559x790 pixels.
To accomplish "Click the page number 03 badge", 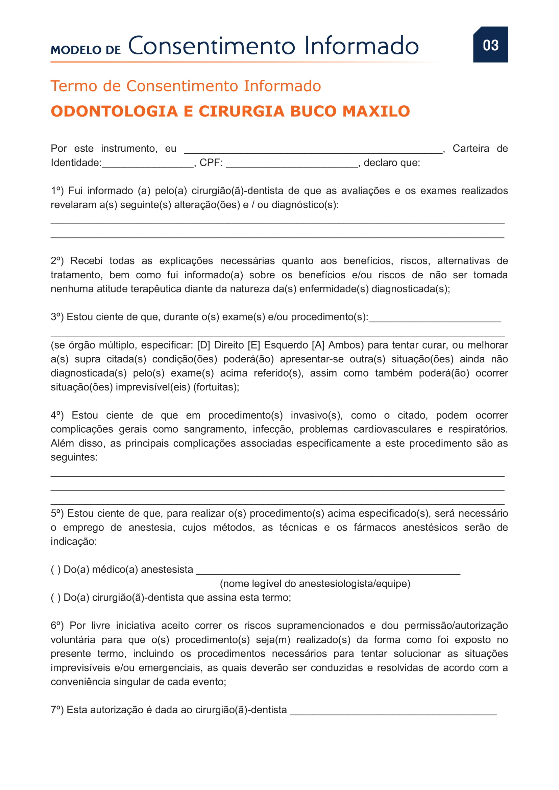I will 490,45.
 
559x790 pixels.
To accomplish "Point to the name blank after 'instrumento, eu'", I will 313,151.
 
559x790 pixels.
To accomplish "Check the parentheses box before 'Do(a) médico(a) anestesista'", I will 56,570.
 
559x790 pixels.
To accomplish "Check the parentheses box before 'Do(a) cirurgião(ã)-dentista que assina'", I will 56,598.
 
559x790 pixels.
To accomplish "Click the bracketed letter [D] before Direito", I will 203,345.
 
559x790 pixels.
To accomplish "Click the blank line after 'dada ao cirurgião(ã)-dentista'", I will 393,712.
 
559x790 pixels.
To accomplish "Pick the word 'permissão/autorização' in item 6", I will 456,626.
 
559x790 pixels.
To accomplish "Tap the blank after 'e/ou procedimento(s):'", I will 434,319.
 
